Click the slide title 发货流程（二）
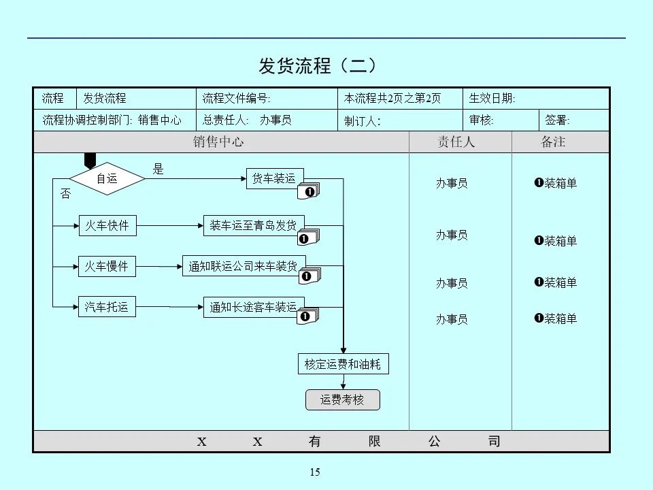point(318,65)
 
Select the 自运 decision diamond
point(107,178)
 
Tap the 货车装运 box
point(274,178)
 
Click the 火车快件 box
point(107,225)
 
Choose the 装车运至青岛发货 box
point(253,225)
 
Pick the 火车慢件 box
point(107,267)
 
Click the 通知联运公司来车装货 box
point(244,267)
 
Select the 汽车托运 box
point(107,307)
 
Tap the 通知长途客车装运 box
point(253,308)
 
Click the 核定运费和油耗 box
point(343,364)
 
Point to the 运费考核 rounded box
point(342,400)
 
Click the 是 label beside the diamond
point(158,169)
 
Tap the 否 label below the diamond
point(65,195)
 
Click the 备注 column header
point(552,142)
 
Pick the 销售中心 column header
point(218,142)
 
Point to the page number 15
point(314,472)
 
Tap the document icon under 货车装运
point(309,192)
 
